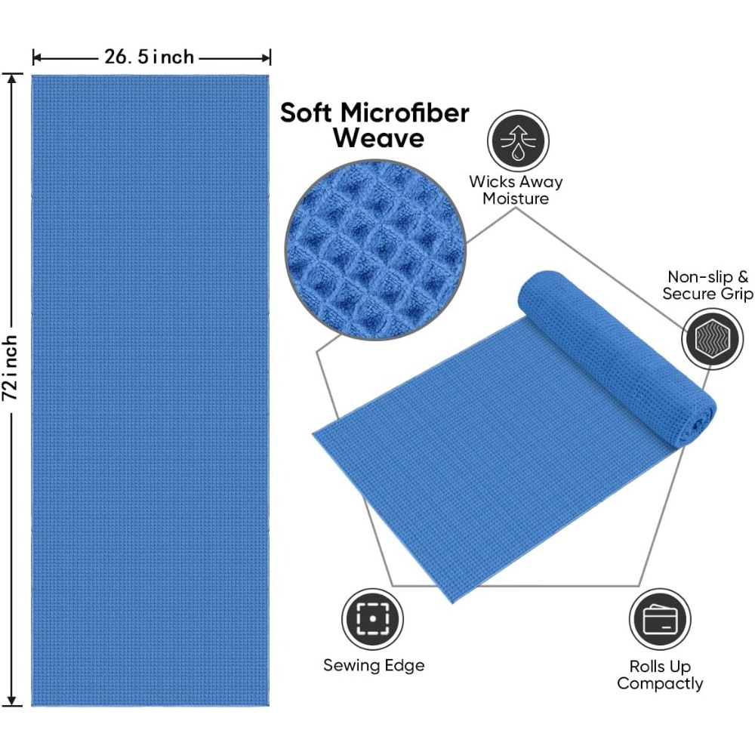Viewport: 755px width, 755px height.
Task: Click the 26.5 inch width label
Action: pyautogui.click(x=149, y=57)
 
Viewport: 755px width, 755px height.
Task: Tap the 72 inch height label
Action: pyautogui.click(x=11, y=368)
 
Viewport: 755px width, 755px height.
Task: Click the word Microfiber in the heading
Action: pyautogui.click(x=405, y=114)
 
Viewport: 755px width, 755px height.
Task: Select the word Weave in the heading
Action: pyautogui.click(x=378, y=138)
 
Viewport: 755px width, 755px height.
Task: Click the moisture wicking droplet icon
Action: pyautogui.click(x=518, y=141)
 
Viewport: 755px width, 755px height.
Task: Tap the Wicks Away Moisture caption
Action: pyautogui.click(x=516, y=190)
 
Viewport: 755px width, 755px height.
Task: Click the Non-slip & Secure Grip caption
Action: pyautogui.click(x=707, y=285)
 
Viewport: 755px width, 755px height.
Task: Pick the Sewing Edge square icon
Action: pyautogui.click(x=373, y=619)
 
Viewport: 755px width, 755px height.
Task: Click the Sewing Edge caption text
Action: pyautogui.click(x=374, y=665)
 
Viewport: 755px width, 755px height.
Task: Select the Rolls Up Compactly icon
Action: pyautogui.click(x=660, y=619)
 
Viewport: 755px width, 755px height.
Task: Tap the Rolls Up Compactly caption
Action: pyautogui.click(x=660, y=675)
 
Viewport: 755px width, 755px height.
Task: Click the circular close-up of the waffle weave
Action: pyautogui.click(x=375, y=249)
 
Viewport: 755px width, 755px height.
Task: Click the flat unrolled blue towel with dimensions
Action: pyautogui.click(x=150, y=390)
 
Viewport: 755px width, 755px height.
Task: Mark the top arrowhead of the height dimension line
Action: pyautogui.click(x=12, y=78)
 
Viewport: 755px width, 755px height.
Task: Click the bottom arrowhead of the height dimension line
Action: pyautogui.click(x=12, y=702)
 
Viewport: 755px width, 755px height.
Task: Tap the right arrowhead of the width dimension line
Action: pyautogui.click(x=266, y=58)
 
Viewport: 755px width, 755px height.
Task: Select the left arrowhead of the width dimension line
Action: pyautogui.click(x=36, y=58)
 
